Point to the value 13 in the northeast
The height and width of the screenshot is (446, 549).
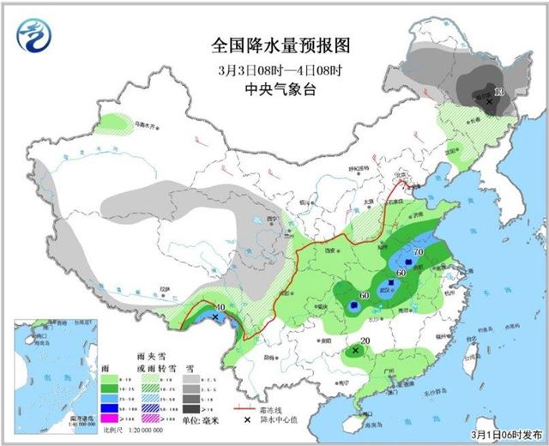pos(499,92)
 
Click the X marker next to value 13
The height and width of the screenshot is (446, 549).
pos(490,101)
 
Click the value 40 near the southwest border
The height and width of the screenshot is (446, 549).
pos(220,307)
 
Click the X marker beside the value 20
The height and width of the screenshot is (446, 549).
pos(355,350)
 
